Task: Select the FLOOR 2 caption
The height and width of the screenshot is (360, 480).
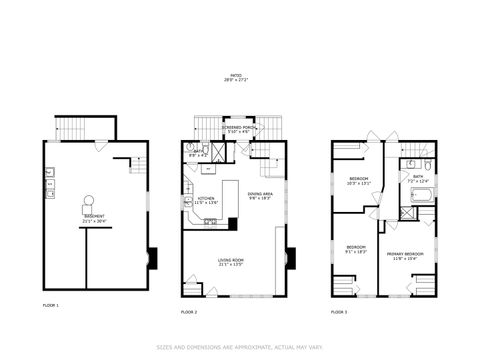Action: (x=189, y=313)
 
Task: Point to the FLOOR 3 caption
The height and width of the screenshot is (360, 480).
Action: (x=340, y=313)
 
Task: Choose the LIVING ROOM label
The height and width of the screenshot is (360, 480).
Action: (x=232, y=264)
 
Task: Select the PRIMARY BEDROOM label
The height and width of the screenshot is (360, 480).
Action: (x=406, y=255)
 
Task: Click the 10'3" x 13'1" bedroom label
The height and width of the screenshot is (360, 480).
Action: (x=358, y=181)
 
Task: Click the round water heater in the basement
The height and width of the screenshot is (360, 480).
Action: (x=88, y=199)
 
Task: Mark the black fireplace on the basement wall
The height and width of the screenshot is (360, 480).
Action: (x=151, y=258)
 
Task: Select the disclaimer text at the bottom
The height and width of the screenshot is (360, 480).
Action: (x=239, y=347)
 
